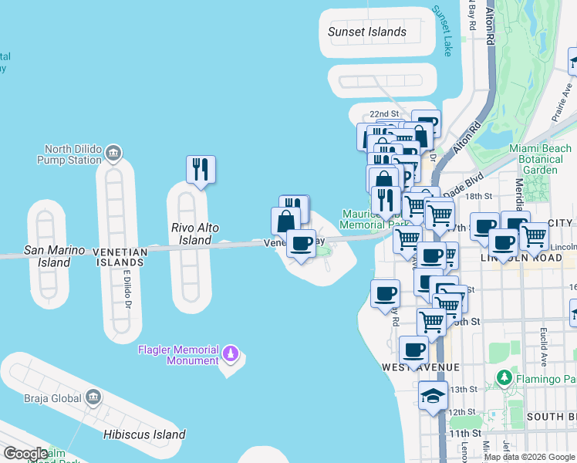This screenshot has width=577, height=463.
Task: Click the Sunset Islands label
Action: [366, 32]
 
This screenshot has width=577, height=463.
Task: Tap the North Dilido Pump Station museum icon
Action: [114, 151]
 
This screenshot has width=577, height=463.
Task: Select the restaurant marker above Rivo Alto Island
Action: [201, 169]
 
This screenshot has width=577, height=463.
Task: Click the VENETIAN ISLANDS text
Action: [120, 252]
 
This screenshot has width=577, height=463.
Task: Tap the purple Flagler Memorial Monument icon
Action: [229, 354]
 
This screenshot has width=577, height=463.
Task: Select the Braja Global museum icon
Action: [93, 397]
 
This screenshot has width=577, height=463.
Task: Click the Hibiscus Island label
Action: [144, 434]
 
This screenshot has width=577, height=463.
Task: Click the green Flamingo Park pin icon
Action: [504, 378]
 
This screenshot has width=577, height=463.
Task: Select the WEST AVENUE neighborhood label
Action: [420, 367]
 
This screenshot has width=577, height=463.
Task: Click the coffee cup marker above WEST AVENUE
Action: [414, 350]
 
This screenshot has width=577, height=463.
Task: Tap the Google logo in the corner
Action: [25, 454]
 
